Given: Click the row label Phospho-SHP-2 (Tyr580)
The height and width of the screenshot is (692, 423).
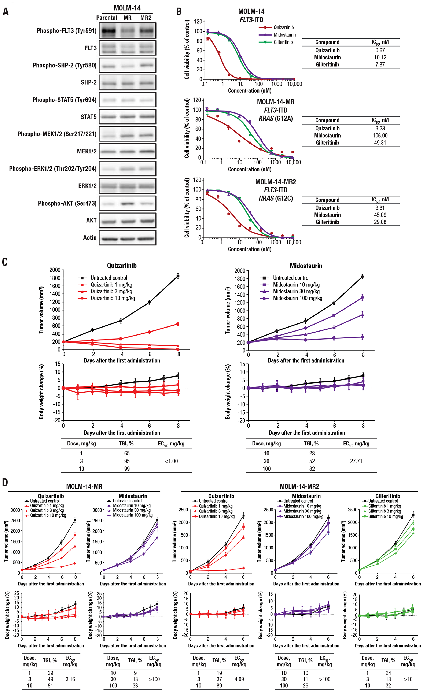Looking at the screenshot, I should [65, 66].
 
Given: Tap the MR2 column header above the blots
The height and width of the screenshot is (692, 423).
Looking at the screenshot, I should [146, 18].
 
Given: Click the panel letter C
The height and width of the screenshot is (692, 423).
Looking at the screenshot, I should [5, 262].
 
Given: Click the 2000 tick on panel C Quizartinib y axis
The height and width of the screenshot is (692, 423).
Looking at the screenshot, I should [55, 270].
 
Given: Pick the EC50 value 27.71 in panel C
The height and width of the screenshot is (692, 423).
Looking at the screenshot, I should [356, 461].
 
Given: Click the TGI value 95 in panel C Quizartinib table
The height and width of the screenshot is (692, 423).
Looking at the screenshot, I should [127, 461].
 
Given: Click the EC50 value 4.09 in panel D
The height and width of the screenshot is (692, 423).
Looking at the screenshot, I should [239, 679].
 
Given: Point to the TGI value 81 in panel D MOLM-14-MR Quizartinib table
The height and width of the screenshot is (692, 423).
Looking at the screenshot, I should [51, 685].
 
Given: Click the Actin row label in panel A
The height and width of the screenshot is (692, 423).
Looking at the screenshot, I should [90, 238].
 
